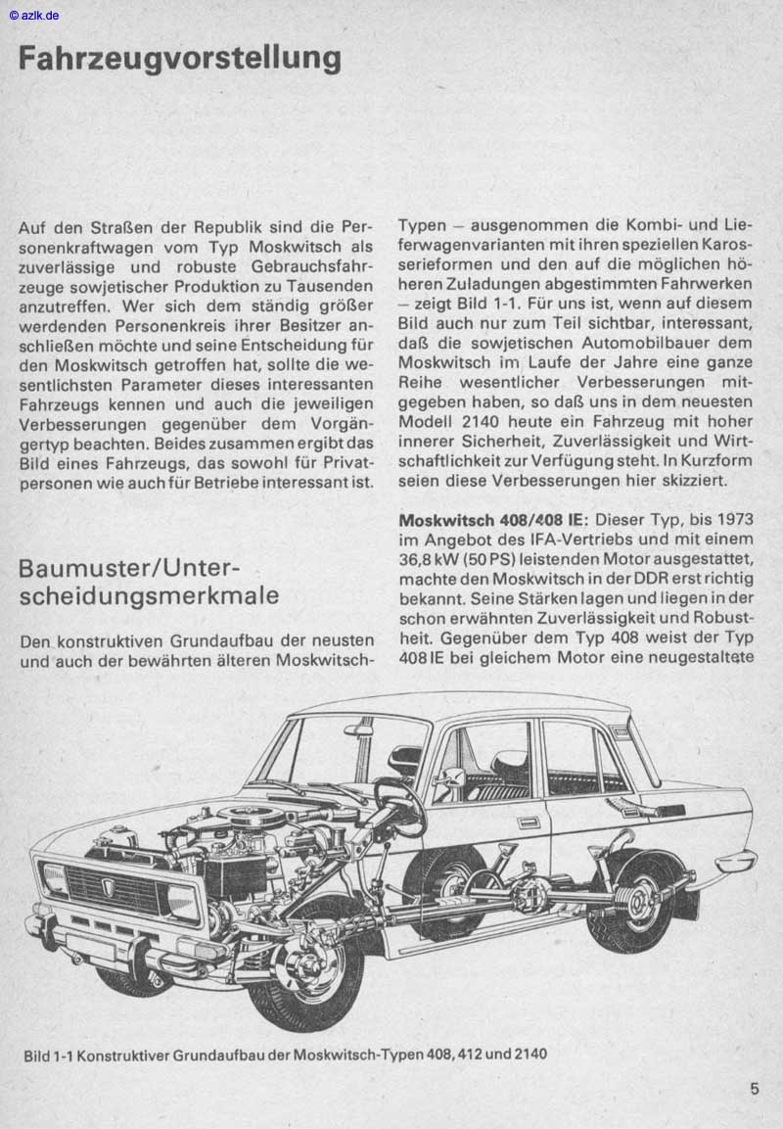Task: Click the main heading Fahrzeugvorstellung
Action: click(179, 58)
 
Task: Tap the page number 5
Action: click(755, 1087)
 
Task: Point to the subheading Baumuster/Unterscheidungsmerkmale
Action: click(148, 582)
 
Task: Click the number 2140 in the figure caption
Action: click(529, 1055)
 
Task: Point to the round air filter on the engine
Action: click(245, 817)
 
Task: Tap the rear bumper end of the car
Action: click(736, 862)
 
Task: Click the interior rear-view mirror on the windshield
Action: click(358, 729)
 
